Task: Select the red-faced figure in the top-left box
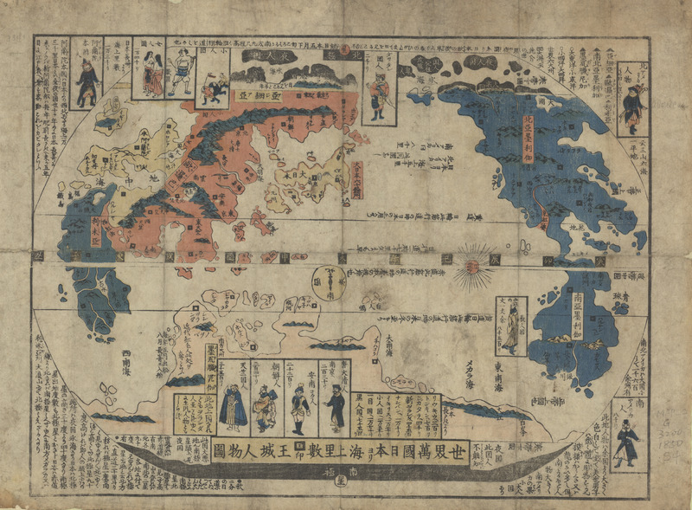click(86, 81)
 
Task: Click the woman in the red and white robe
click(152, 76)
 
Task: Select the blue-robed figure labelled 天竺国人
click(232, 408)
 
